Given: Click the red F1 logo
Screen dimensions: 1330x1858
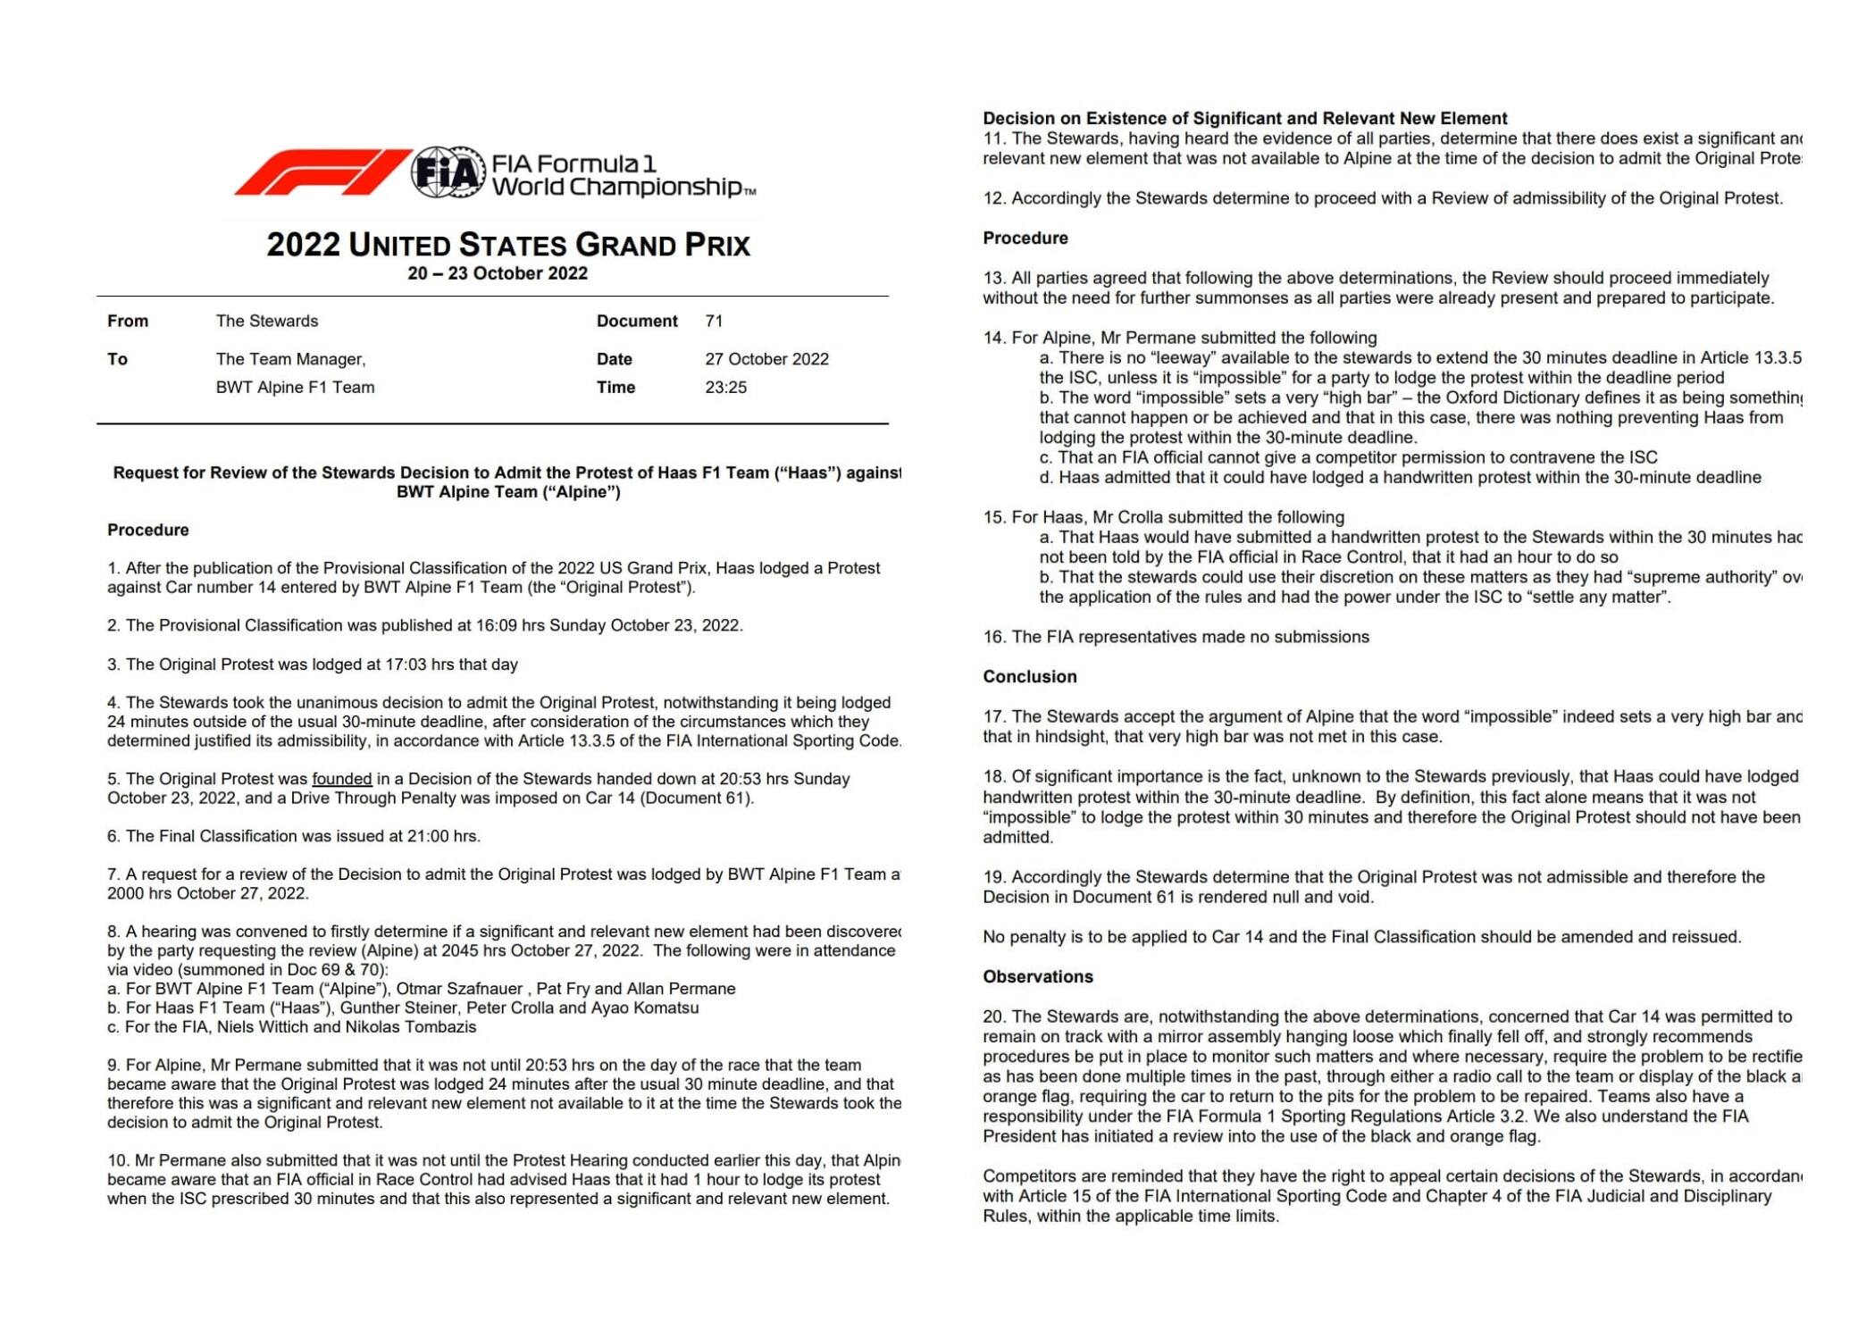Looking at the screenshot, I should tap(322, 171).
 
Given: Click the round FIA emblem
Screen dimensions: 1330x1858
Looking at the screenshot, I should tap(448, 171).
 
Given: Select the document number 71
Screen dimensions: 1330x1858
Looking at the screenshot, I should tap(714, 321).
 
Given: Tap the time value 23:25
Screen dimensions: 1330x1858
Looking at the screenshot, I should tap(725, 387).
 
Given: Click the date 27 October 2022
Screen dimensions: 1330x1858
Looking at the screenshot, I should tap(766, 359).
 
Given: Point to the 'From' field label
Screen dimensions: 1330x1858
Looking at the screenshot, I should tap(128, 321).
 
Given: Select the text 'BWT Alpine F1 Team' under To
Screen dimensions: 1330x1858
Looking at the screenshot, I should tap(295, 387).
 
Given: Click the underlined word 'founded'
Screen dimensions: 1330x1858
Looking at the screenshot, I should tap(341, 779).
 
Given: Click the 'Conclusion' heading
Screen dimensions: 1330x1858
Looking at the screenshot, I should tap(1029, 676).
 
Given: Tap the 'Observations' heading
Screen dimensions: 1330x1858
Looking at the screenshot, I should tap(1037, 976).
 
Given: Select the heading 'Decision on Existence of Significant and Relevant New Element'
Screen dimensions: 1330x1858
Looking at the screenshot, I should tap(1244, 118).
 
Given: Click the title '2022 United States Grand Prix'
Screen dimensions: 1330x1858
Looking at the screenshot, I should tap(508, 245).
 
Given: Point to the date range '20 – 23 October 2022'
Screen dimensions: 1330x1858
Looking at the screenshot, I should tap(498, 273).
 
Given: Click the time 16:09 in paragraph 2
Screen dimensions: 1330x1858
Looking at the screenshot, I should tap(494, 625).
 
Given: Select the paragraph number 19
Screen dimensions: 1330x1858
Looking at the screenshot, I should tap(992, 877).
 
